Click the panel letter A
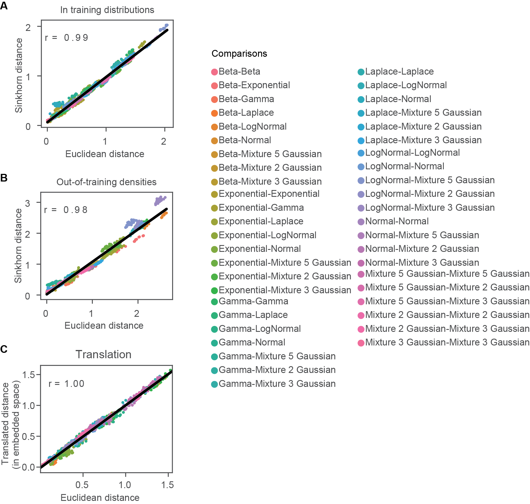pyautogui.click(x=4, y=6)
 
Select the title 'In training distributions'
pyautogui.click(x=107, y=10)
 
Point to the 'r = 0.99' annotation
pyautogui.click(x=67, y=38)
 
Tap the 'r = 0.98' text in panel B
pyautogui.click(x=66, y=210)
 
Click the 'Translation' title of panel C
pyautogui.click(x=104, y=355)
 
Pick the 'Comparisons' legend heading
pyautogui.click(x=239, y=54)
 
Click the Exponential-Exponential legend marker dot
pyautogui.click(x=214, y=194)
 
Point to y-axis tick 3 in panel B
pyautogui.click(x=28, y=203)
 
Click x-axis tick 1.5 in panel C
pyautogui.click(x=167, y=485)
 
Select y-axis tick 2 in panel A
pyautogui.click(x=28, y=28)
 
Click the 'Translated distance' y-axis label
pyautogui.click(x=5, y=424)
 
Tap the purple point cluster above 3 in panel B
pyautogui.click(x=160, y=200)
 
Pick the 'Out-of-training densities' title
pyautogui.click(x=106, y=182)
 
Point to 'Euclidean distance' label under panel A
pyautogui.click(x=105, y=154)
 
